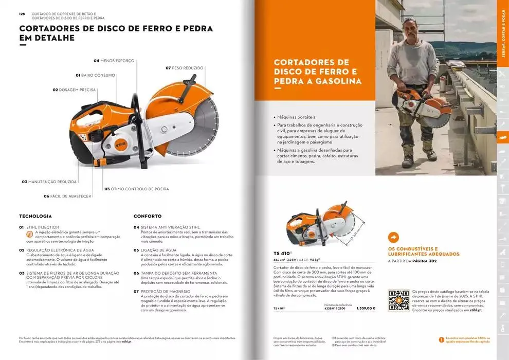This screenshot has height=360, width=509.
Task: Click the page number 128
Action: (x=22, y=14)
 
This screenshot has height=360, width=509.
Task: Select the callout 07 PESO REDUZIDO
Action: (x=185, y=68)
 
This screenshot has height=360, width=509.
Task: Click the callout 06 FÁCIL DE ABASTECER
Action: (x=67, y=196)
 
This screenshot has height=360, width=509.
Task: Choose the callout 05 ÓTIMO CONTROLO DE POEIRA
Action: (x=136, y=189)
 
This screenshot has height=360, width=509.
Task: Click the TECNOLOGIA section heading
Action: (x=35, y=216)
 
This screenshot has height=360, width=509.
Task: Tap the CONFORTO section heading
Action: (x=148, y=216)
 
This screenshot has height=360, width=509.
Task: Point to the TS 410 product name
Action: (x=282, y=253)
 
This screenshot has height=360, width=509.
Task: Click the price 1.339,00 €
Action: (x=366, y=309)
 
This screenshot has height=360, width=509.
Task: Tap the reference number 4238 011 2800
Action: (x=335, y=309)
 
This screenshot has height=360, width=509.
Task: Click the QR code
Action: (x=398, y=300)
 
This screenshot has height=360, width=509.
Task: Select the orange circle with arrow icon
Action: (x=393, y=237)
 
